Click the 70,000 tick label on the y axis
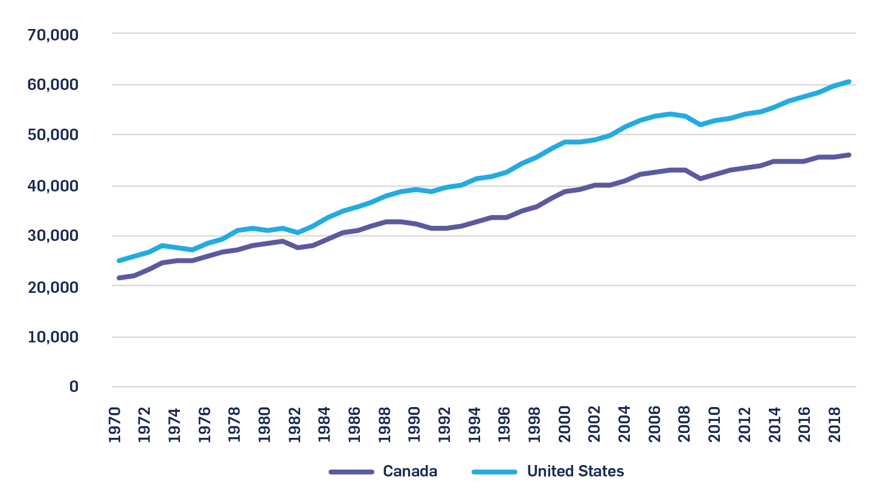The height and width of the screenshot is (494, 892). click(53, 35)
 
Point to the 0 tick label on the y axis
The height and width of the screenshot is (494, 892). click(74, 387)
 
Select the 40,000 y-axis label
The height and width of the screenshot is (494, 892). click(53, 186)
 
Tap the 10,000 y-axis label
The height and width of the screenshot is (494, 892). click(53, 337)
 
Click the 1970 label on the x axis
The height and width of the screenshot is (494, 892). click(115, 425)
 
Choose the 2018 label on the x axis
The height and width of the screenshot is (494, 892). click(835, 425)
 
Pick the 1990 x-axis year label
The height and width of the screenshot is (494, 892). click(414, 425)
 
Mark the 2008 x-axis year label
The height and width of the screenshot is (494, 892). click(684, 425)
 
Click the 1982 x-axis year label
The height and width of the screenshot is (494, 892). click(295, 425)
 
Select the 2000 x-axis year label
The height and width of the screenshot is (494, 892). click(565, 425)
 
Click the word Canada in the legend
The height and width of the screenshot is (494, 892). click(410, 472)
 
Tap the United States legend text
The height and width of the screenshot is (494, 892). click(576, 472)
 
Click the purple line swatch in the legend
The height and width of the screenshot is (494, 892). click(351, 472)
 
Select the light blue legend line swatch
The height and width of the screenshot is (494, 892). click(495, 472)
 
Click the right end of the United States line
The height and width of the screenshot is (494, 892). click(849, 82)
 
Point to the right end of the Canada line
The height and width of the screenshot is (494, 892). click(849, 155)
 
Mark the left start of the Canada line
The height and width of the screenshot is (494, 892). click(118, 278)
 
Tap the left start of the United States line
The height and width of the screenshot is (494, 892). click(118, 261)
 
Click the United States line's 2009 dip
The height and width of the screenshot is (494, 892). click(700, 124)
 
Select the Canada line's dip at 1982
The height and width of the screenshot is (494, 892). click(298, 248)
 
